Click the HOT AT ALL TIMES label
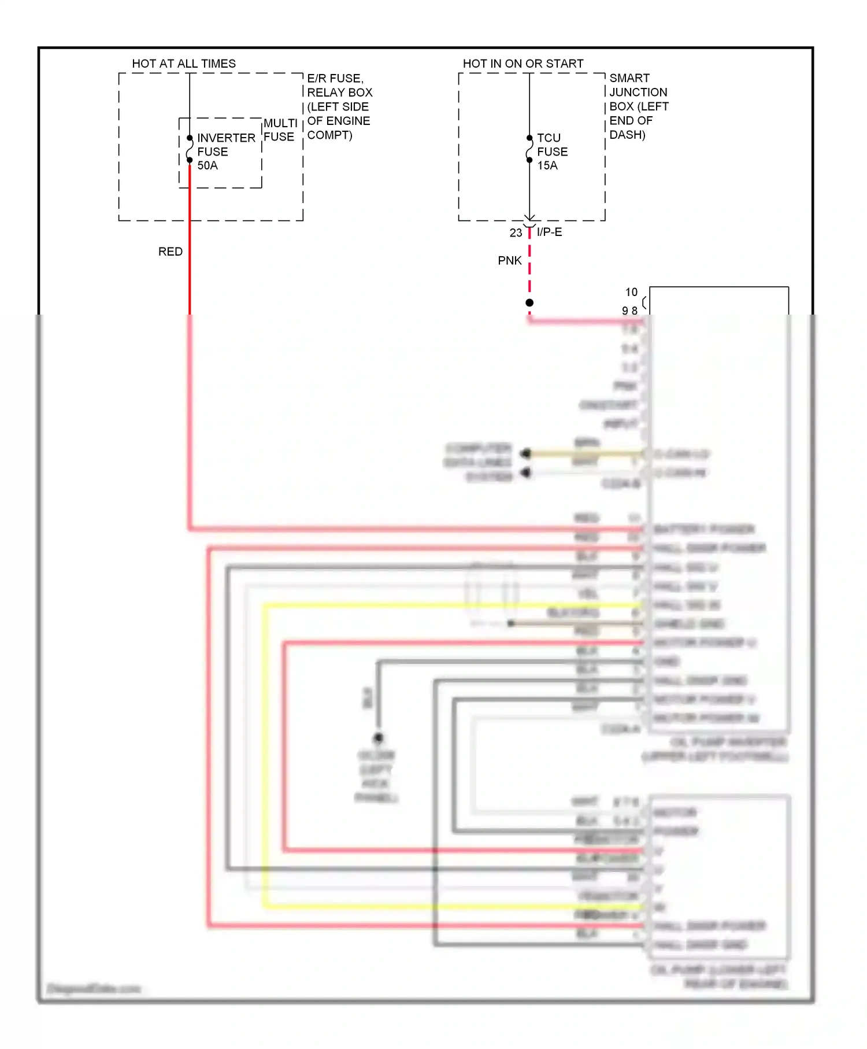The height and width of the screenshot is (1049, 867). [184, 64]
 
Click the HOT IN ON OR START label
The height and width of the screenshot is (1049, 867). [523, 64]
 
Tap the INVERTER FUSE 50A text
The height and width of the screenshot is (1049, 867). [225, 152]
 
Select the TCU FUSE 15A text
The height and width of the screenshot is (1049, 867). [552, 152]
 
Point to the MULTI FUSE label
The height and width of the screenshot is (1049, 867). [280, 130]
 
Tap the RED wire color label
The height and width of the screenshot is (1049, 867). [171, 252]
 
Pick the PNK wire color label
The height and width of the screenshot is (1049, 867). [510, 261]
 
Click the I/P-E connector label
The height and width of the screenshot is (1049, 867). [549, 232]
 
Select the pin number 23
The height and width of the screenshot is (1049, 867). [516, 233]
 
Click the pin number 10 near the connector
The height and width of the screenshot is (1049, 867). [631, 292]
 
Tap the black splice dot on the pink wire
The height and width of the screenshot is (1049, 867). [529, 302]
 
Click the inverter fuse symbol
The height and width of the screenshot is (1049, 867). [190, 149]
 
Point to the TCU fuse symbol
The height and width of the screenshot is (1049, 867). [529, 149]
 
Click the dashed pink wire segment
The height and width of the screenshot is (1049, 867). [529, 266]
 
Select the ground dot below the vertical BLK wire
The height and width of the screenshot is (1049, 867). [378, 738]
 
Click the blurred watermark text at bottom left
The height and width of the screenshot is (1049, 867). [94, 989]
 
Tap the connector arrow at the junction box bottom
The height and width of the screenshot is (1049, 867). [529, 221]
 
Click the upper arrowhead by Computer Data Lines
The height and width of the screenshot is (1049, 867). [525, 453]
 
